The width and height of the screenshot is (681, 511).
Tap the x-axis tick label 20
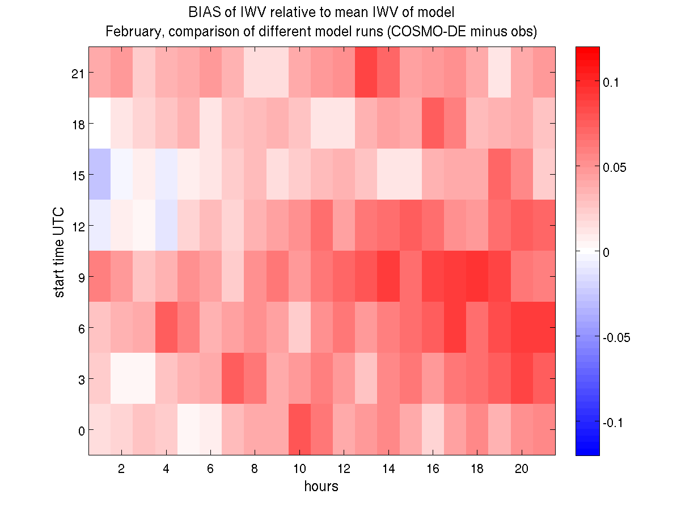coord(522,469)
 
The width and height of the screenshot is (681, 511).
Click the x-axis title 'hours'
coord(321,486)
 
